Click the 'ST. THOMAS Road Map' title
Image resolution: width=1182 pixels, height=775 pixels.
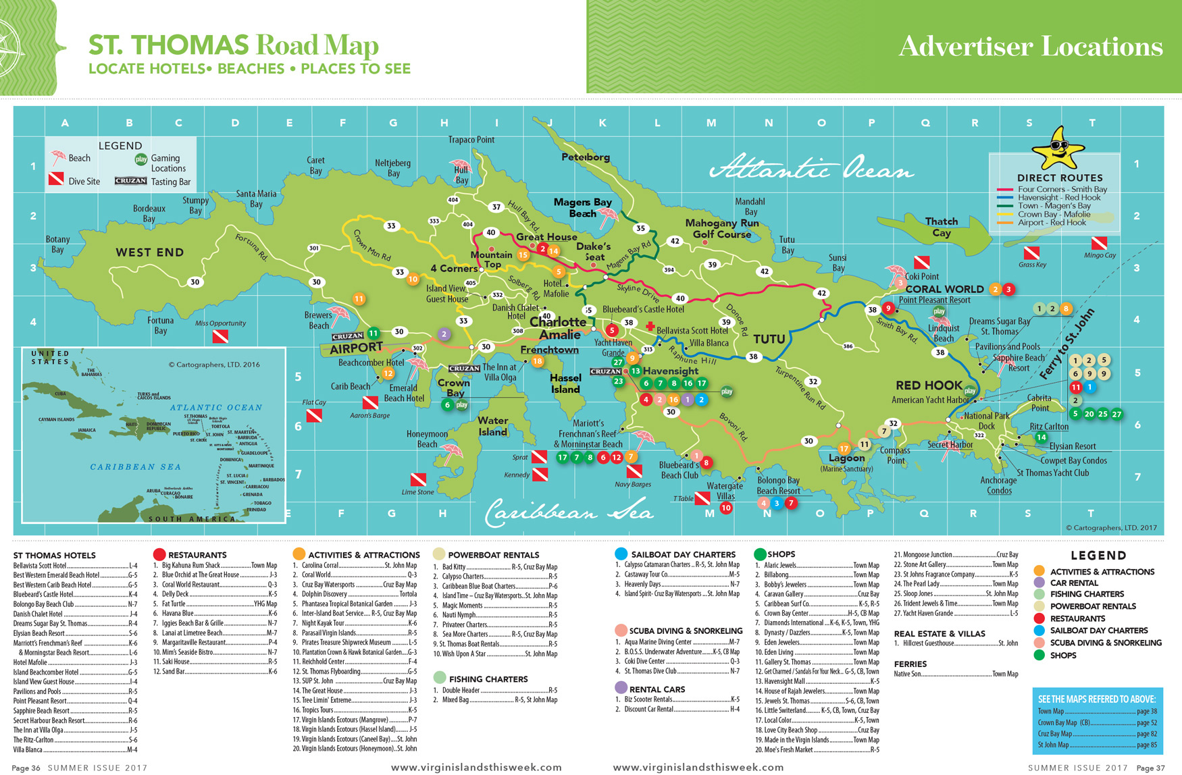[233, 45]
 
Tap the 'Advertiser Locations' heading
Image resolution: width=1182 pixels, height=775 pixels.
[1030, 46]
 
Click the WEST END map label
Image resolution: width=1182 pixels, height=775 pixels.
[149, 252]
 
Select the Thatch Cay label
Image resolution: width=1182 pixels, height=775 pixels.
[942, 227]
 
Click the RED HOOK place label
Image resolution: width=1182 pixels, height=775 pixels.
[929, 385]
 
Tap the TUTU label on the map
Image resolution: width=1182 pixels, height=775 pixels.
[769, 339]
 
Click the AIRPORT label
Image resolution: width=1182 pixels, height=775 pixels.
[356, 348]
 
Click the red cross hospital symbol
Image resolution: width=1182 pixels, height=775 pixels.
[650, 327]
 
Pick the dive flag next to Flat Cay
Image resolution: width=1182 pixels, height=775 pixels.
[314, 416]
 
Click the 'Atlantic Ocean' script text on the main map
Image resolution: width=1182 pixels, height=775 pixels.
[811, 169]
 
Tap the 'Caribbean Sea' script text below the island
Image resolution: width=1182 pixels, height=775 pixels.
[569, 513]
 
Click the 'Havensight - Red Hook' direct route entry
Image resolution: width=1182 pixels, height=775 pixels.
[1058, 198]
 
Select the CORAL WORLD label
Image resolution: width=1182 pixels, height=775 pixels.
[944, 289]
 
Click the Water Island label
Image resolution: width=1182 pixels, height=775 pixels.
[493, 426]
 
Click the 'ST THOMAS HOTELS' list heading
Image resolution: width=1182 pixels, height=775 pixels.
[55, 556]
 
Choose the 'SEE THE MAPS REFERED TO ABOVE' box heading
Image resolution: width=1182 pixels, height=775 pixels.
[1096, 699]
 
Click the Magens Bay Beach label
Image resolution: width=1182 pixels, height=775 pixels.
[582, 207]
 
